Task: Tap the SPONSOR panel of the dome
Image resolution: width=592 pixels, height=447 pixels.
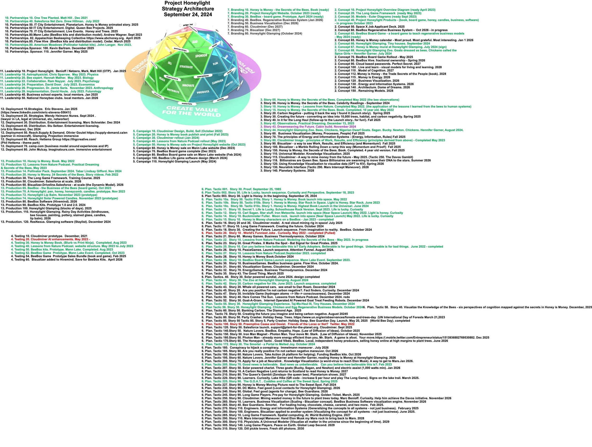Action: pos(201,56)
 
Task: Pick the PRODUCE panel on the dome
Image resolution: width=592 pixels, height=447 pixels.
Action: pos(203,92)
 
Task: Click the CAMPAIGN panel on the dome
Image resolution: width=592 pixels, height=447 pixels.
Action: pos(217,81)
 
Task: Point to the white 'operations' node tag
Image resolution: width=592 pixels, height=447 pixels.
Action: pos(203,76)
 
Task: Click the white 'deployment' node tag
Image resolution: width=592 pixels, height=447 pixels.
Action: pos(172,78)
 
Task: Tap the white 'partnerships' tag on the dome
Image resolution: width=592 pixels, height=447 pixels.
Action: pos(180,50)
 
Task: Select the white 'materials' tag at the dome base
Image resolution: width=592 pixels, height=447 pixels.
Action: pos(187,104)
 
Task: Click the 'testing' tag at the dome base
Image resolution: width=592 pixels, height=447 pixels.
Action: pos(220,99)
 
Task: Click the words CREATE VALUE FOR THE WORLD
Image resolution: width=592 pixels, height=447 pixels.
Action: pos(192,111)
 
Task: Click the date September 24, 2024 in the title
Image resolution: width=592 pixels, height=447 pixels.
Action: pos(188,14)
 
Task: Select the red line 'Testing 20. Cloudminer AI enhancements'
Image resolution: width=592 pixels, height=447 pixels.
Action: pos(51,239)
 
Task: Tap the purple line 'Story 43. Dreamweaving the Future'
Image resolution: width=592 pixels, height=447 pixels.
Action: pos(308,126)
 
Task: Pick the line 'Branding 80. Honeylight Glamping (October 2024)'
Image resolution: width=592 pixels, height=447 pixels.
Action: pos(265,33)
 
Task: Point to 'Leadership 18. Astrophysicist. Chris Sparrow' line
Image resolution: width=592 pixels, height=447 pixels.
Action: pos(49,74)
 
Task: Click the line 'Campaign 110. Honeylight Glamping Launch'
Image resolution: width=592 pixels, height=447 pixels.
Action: pos(175,161)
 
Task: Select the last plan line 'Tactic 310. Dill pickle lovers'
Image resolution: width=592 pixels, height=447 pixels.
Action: pos(253,428)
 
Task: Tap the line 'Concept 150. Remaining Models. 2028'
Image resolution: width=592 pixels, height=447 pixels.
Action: pos(364,91)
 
